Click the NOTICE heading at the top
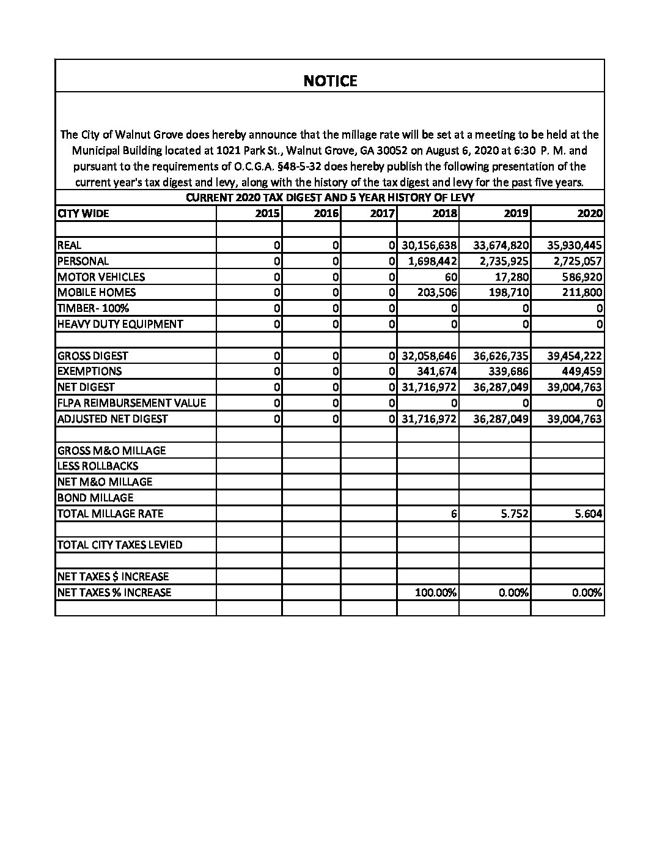coord(330,81)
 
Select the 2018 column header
coord(444,213)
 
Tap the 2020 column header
coord(590,213)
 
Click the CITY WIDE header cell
coord(83,213)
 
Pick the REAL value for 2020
coord(575,245)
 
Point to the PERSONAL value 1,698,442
coord(429,261)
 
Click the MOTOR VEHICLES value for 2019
coord(512,277)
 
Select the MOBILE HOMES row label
coord(97,292)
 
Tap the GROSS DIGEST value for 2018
coord(429,356)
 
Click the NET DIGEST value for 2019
coord(501,387)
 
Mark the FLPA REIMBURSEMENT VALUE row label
coord(131,403)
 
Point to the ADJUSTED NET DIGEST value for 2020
coord(575,419)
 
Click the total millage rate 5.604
coord(588,514)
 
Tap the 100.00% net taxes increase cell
coord(436,593)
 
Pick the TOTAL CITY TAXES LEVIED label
coord(120,545)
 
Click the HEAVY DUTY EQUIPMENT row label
coord(120,324)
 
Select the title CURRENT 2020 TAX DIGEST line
coord(330,198)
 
